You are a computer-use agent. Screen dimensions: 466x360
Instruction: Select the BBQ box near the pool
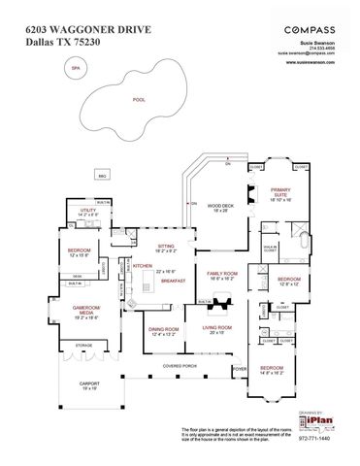[101, 175]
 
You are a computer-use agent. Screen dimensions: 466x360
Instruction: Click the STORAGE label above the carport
[83, 344]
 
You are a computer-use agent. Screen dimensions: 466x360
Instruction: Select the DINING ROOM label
[163, 330]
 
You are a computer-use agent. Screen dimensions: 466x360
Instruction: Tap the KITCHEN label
[143, 265]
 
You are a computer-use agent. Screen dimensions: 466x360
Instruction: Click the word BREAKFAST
[174, 280]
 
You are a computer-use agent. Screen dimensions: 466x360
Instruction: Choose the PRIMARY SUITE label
[280, 192]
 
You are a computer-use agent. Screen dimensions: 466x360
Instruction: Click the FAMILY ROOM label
[223, 275]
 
